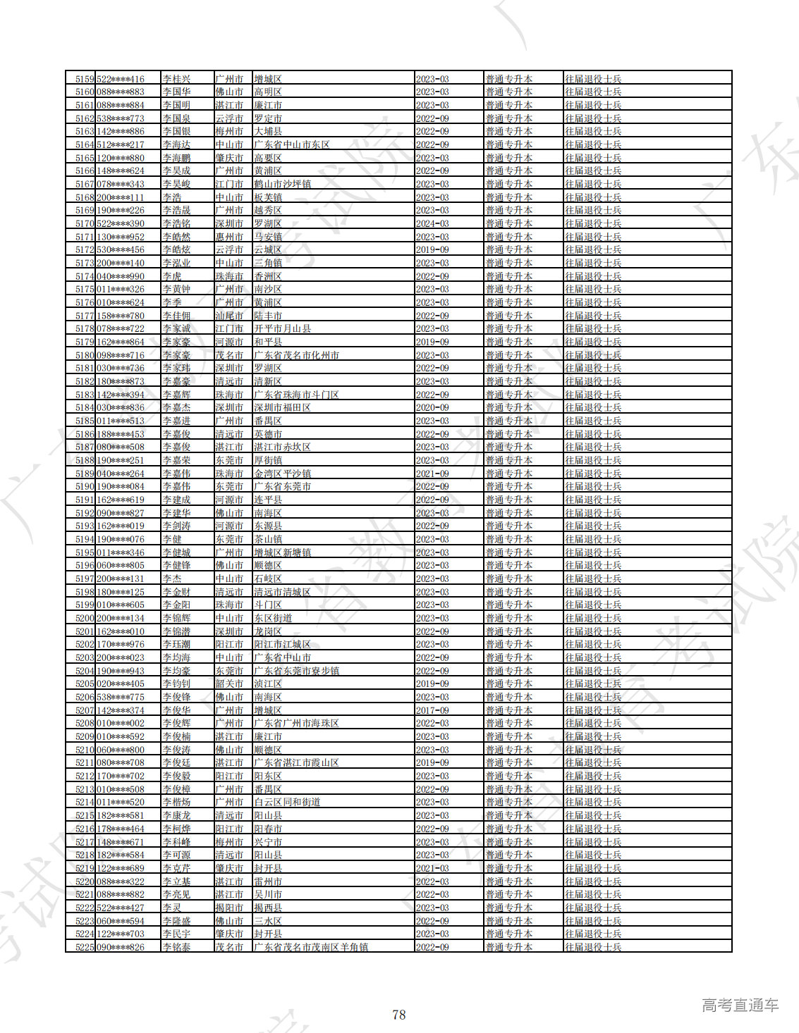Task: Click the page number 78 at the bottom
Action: pos(398,1015)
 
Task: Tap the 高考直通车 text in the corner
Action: pos(740,1006)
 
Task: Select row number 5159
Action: pos(85,79)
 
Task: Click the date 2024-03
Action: pos(432,223)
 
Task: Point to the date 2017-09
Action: pos(432,710)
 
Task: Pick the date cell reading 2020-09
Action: pos(432,407)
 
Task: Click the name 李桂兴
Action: pos(176,79)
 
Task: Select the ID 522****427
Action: pos(121,908)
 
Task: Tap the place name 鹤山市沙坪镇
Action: pos(282,184)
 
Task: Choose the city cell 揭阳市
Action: pos(229,908)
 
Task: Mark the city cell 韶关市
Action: pos(229,683)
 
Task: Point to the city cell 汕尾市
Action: pos(229,316)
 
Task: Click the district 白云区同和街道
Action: pos(287,802)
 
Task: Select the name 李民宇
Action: pos(176,934)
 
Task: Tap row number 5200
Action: pos(85,618)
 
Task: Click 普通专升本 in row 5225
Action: pos(508,947)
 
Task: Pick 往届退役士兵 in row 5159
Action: pos(593,79)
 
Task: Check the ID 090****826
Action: pos(121,947)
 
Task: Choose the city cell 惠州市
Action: pos(229,237)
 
